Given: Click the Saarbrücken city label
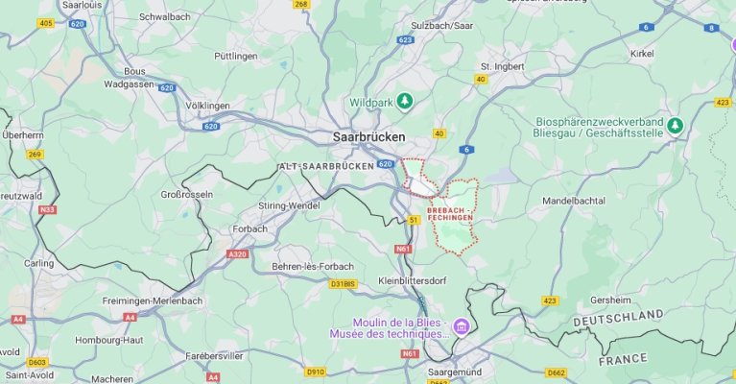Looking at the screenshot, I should [x=368, y=137].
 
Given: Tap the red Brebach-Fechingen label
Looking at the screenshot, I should [x=450, y=213].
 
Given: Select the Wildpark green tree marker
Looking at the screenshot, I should [x=405, y=101].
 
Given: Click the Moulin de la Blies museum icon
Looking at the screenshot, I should [x=462, y=328].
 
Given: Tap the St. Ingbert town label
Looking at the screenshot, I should [x=499, y=66].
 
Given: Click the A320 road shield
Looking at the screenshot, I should [x=237, y=253].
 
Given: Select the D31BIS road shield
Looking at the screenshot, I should [x=343, y=284].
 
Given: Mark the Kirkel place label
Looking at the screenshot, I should [x=642, y=54].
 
